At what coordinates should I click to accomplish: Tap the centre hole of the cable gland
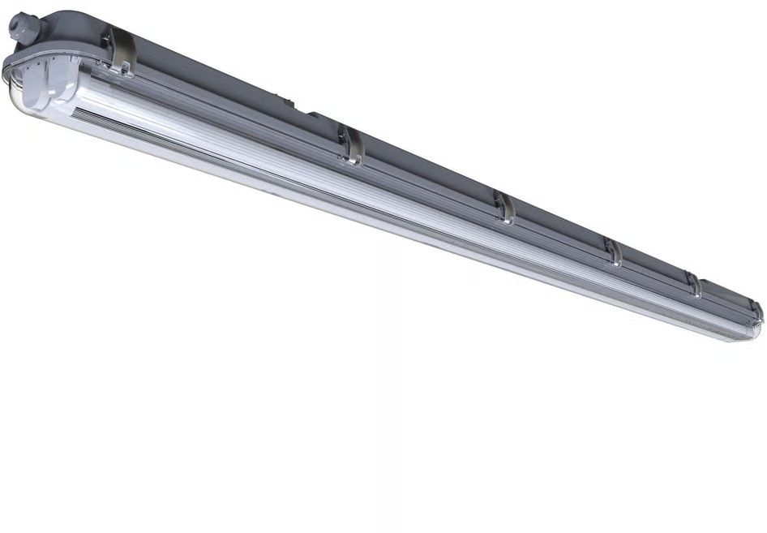coord(14,24)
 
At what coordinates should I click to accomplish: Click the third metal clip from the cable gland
coord(503,208)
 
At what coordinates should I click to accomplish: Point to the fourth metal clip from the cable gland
coord(613,251)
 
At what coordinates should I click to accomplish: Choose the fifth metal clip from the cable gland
coord(693,284)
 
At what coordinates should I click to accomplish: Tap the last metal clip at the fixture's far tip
coord(755,310)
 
